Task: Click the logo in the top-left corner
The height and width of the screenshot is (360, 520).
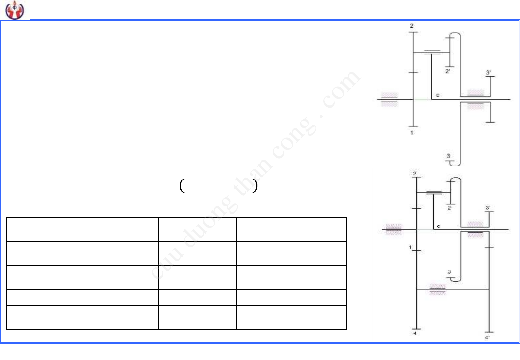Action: tap(15, 10)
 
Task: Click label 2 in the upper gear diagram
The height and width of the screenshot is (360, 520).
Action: tap(412, 26)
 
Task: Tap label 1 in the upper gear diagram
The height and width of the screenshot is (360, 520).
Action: tap(412, 133)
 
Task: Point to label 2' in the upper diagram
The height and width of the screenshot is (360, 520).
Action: tap(448, 71)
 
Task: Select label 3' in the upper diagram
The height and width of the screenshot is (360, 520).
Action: tap(488, 72)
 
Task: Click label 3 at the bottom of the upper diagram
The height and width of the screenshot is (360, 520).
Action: tap(448, 156)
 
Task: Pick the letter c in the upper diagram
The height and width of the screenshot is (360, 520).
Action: tap(438, 95)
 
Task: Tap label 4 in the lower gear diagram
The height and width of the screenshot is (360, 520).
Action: tap(415, 333)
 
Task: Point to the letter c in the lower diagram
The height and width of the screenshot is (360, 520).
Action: tap(439, 226)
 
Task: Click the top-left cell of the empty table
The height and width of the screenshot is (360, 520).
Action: tap(40, 229)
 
